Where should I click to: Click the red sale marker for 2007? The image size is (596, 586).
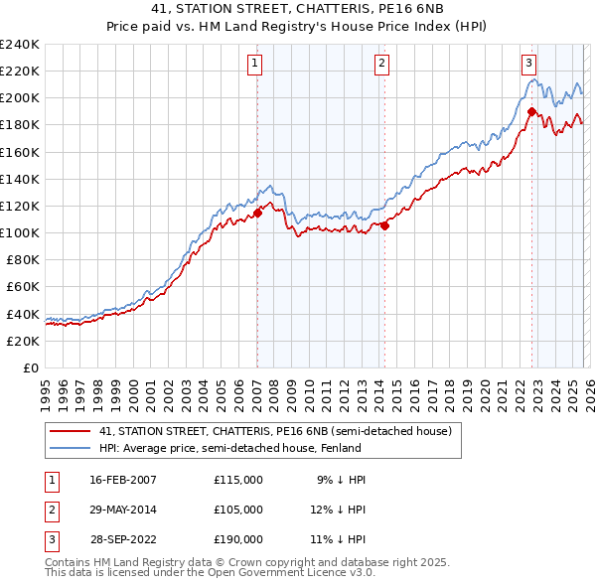[x=257, y=212]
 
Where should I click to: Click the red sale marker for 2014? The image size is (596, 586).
[x=384, y=225]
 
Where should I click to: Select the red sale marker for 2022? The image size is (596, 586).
[x=531, y=111]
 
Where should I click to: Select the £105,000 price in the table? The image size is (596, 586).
[x=238, y=510]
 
